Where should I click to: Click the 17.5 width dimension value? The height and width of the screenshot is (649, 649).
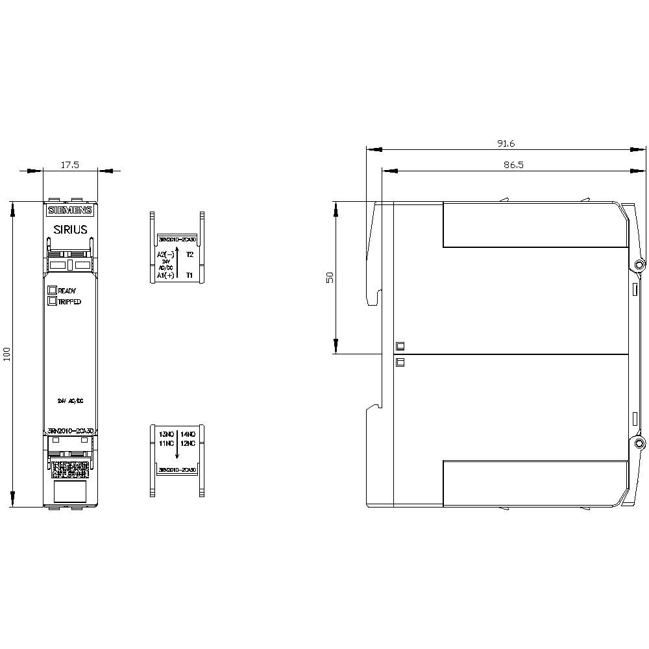coord(70,165)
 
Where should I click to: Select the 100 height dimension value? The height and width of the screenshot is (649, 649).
coord(7,354)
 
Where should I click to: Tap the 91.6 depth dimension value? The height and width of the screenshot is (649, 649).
coord(506,143)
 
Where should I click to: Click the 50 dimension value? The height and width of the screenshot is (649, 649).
coord(330,277)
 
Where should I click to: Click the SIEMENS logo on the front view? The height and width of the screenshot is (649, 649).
coord(70,210)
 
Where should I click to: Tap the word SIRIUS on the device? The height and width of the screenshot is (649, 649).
coord(70,229)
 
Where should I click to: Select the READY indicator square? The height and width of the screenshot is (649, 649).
coord(52,290)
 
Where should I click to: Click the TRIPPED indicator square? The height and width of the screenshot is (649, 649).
coord(52,300)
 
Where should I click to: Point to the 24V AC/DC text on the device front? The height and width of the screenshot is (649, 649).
coord(70,402)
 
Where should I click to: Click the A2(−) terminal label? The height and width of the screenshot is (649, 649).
coord(166,254)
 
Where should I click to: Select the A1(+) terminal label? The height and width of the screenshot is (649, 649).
coord(165,275)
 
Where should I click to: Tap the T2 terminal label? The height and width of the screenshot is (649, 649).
coord(190,254)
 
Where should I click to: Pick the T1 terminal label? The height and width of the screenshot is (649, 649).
coord(190,275)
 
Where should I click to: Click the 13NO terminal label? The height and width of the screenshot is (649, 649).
coord(167,434)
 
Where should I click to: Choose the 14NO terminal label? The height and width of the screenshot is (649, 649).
coord(188,434)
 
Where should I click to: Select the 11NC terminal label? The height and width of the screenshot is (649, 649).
coord(167,443)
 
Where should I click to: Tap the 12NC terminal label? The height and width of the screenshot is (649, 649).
coord(188,443)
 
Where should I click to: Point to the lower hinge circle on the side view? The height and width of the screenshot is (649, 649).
coord(639,443)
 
